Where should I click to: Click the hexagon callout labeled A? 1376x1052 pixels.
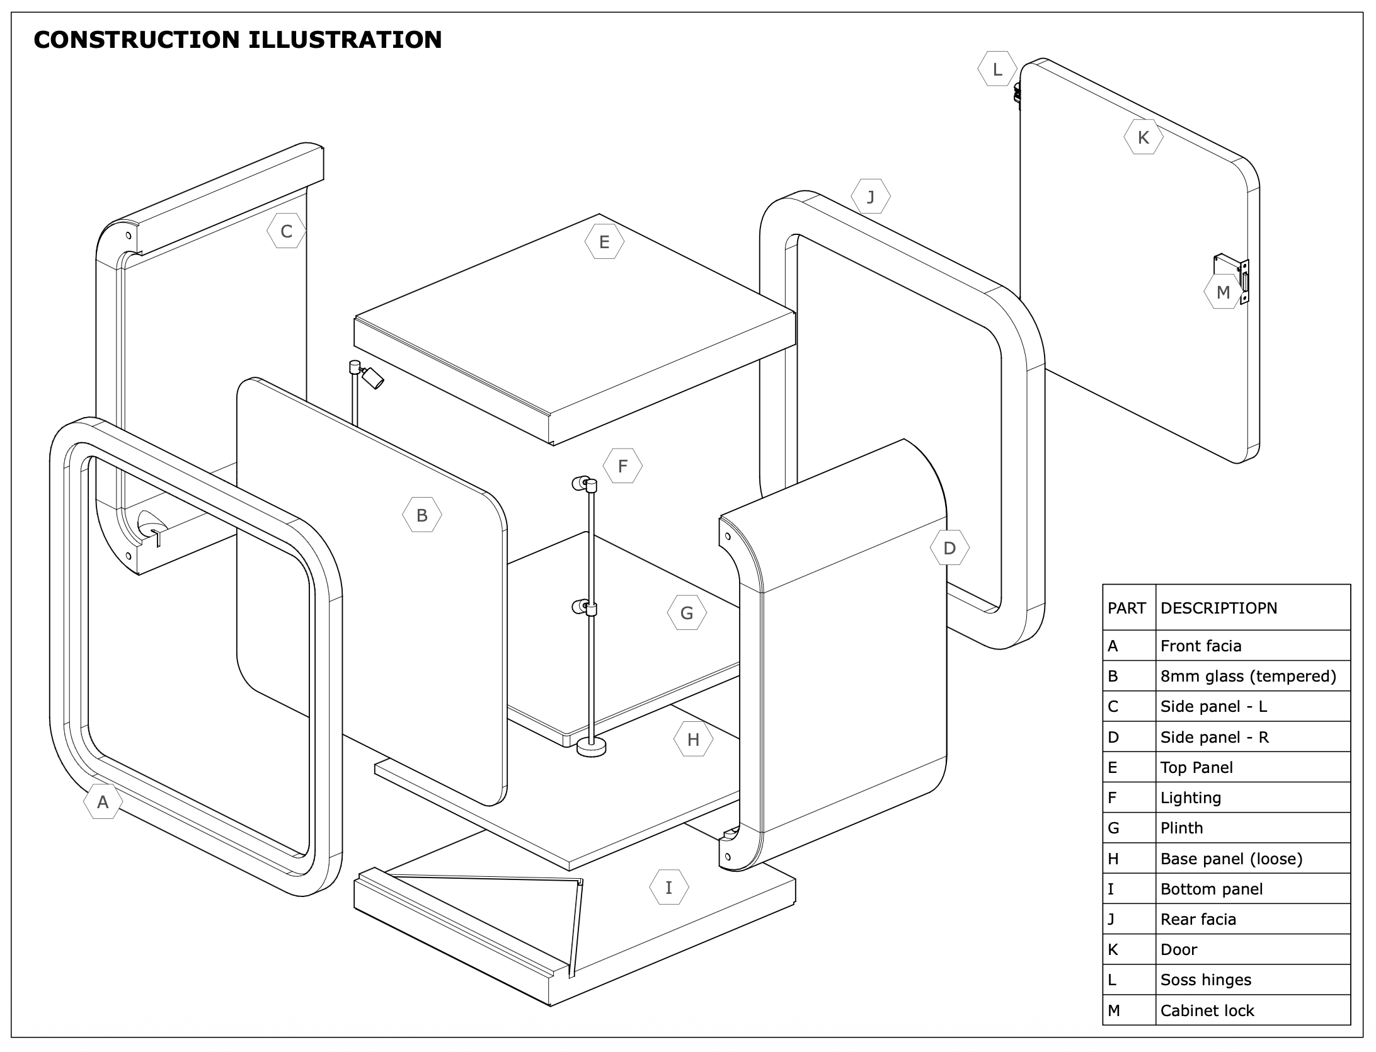point(103,802)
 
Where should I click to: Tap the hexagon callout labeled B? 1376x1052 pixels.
point(422,515)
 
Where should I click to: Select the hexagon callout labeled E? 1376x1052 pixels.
point(604,242)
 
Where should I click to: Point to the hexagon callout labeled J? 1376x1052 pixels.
point(871,197)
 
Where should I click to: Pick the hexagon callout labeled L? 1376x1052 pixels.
point(997,69)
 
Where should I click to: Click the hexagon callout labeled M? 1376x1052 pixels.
point(1223,292)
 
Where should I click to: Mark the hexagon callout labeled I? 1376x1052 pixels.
point(668,888)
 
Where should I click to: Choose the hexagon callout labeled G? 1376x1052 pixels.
point(687,613)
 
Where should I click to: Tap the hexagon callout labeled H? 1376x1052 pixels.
point(693,740)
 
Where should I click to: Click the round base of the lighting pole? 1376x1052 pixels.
point(591,748)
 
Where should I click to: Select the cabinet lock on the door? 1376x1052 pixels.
point(1232,279)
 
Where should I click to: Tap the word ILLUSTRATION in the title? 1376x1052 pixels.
point(345,40)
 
